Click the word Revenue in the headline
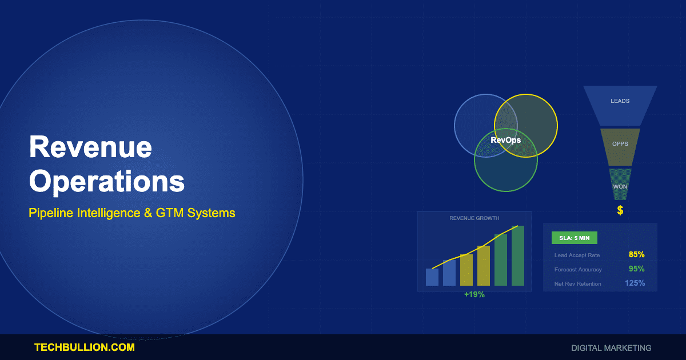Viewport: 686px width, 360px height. click(90, 147)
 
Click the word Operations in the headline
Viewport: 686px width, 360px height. click(107, 181)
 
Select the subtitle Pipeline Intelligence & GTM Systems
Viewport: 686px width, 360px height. click(132, 213)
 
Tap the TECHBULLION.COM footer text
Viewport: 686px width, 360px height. click(85, 347)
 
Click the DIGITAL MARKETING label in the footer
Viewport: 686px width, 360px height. click(611, 347)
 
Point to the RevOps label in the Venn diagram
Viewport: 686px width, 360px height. click(506, 139)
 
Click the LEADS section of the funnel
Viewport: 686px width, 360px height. click(620, 101)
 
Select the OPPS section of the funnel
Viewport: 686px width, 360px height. click(620, 144)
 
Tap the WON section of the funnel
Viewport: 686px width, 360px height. click(620, 187)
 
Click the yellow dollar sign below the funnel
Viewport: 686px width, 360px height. click(620, 211)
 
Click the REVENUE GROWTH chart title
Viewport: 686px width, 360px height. click(474, 218)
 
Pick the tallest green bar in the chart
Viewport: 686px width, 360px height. click(518, 256)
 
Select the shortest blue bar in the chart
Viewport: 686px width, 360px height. click(432, 277)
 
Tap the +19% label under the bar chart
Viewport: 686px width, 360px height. click(474, 294)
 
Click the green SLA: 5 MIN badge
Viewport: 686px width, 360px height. click(574, 238)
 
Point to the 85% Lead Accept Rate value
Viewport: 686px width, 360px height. click(636, 255)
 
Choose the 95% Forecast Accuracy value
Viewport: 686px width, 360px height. click(636, 269)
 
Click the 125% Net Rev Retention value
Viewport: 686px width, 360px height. click(635, 283)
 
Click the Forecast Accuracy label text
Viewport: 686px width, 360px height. click(578, 270)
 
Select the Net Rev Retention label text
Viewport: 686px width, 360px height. click(577, 284)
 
